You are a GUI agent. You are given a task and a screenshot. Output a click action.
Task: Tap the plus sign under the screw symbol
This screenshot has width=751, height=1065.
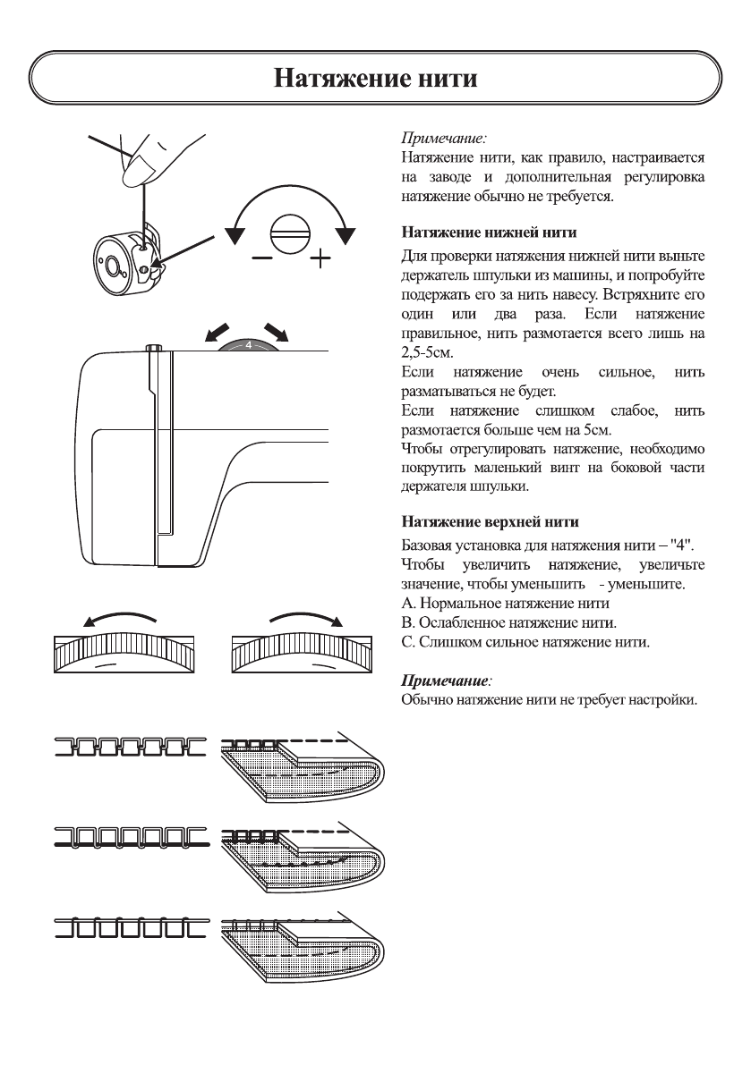320,260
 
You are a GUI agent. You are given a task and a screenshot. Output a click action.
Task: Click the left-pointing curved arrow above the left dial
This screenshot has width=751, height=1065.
116,618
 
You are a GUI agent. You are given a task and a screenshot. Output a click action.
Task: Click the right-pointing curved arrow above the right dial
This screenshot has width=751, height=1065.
307,618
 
